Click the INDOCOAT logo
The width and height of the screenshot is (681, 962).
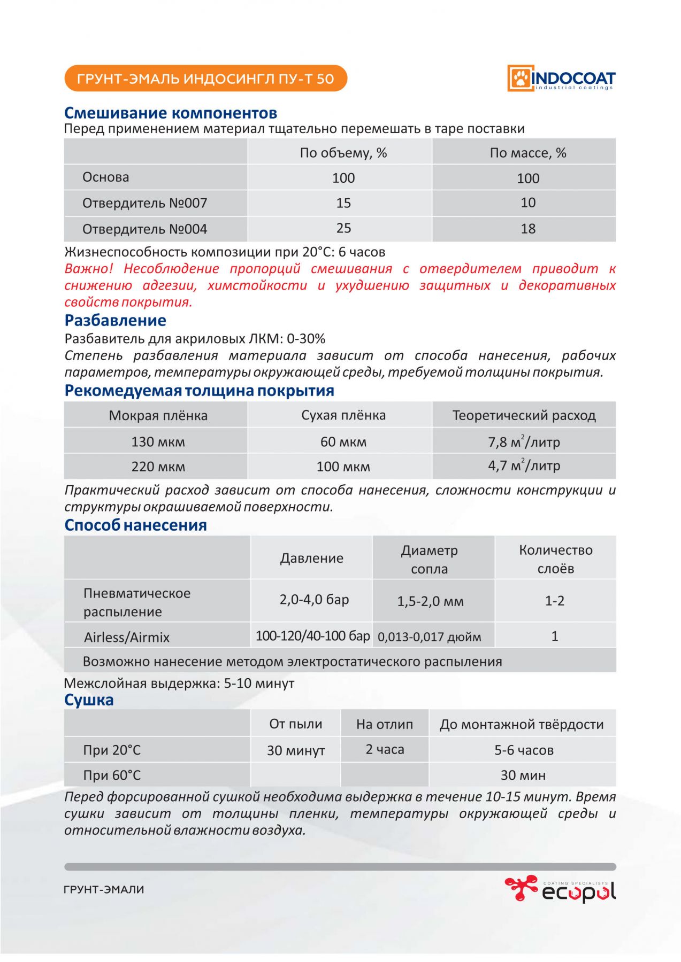click(x=561, y=79)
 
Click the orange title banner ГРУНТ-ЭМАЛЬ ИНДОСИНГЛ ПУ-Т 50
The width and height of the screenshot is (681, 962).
click(x=205, y=79)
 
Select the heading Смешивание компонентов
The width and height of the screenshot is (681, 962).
click(x=171, y=113)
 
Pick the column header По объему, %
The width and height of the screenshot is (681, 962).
click(x=343, y=153)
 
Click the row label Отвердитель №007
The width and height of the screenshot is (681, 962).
click(x=144, y=203)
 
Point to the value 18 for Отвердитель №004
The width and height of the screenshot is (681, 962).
click(x=527, y=229)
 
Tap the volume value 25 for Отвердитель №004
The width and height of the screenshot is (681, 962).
click(x=343, y=228)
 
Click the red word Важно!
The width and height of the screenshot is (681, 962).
click(x=88, y=268)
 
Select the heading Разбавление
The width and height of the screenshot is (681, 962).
click(x=115, y=320)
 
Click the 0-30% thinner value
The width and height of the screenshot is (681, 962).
click(x=306, y=338)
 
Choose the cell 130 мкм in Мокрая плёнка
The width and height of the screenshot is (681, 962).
click(x=158, y=442)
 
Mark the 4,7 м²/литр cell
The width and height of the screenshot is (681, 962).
click(x=524, y=466)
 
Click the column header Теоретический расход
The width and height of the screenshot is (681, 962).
click(x=524, y=415)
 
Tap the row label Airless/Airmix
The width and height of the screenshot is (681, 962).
click(x=127, y=637)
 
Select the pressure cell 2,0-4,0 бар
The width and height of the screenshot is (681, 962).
click(x=314, y=600)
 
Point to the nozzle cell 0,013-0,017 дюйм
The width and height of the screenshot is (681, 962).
click(x=429, y=637)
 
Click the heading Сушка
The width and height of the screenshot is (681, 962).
click(x=89, y=700)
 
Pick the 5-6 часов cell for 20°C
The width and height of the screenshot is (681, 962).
click(x=523, y=750)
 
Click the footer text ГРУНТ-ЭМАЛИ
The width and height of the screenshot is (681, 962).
click(x=104, y=889)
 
